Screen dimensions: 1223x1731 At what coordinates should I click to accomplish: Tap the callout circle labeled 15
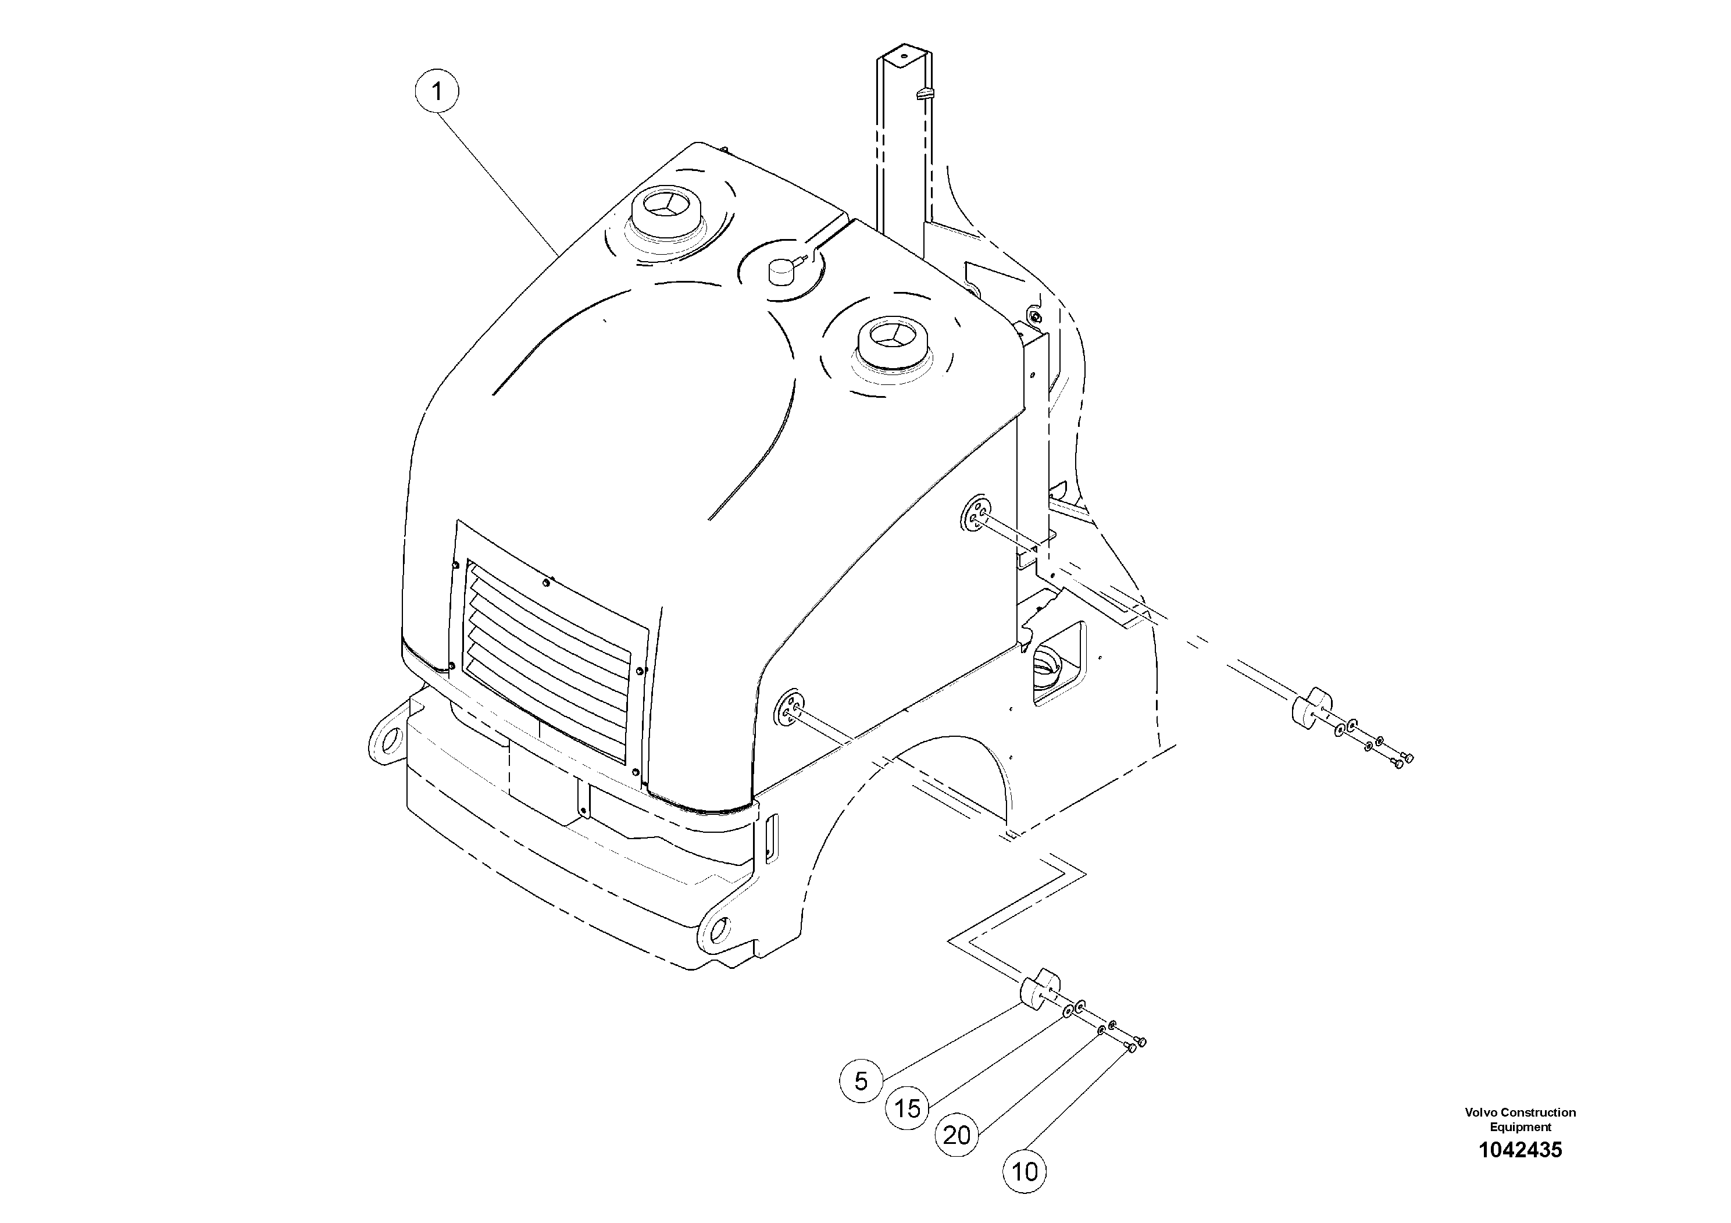point(907,1108)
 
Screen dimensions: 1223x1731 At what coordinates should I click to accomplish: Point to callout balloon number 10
point(1025,1172)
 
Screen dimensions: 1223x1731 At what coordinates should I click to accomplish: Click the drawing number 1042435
point(1520,1150)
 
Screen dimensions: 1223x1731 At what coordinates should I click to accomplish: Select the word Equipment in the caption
point(1520,1127)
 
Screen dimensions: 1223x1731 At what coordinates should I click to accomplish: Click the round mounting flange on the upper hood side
point(975,516)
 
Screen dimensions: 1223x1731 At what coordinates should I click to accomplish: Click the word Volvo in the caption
point(1481,1112)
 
